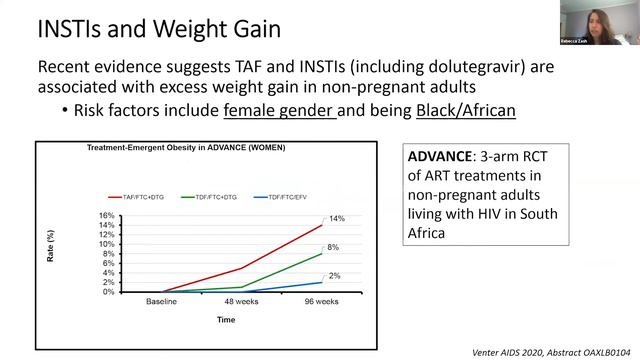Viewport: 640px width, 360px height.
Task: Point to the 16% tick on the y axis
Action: coord(106,216)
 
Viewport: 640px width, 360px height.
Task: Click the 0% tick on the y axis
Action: coord(108,292)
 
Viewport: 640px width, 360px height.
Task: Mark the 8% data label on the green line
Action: coord(333,247)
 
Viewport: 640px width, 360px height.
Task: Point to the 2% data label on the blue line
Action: coord(333,275)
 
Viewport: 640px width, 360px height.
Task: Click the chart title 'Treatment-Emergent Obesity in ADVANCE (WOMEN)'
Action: coord(185,149)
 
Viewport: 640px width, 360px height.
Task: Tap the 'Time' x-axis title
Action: coord(227,320)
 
